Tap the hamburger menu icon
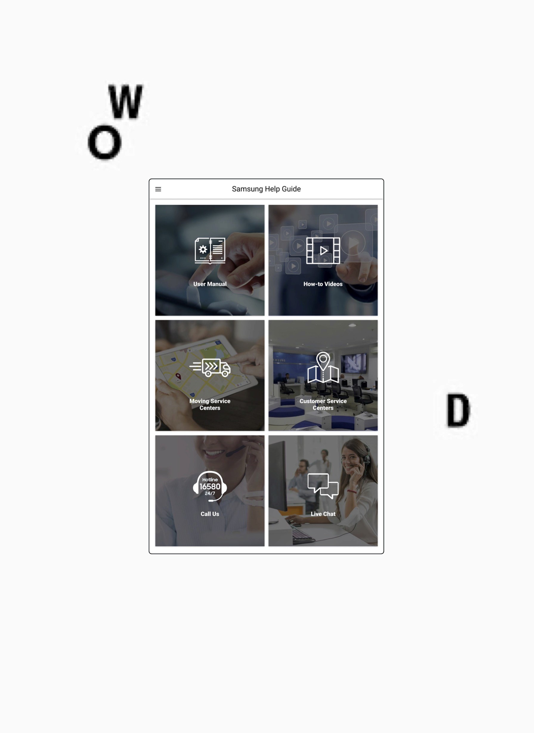158,189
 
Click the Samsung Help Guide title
266,189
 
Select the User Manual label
210,284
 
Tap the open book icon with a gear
210,250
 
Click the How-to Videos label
323,284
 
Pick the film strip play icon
323,250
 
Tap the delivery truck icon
210,367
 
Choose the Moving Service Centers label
210,404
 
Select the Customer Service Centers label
323,404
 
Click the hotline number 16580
210,487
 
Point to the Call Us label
210,514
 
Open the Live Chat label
323,514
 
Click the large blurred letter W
126,101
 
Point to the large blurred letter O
104,143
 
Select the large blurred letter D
458,410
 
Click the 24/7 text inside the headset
210,494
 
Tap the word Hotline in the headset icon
210,480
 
